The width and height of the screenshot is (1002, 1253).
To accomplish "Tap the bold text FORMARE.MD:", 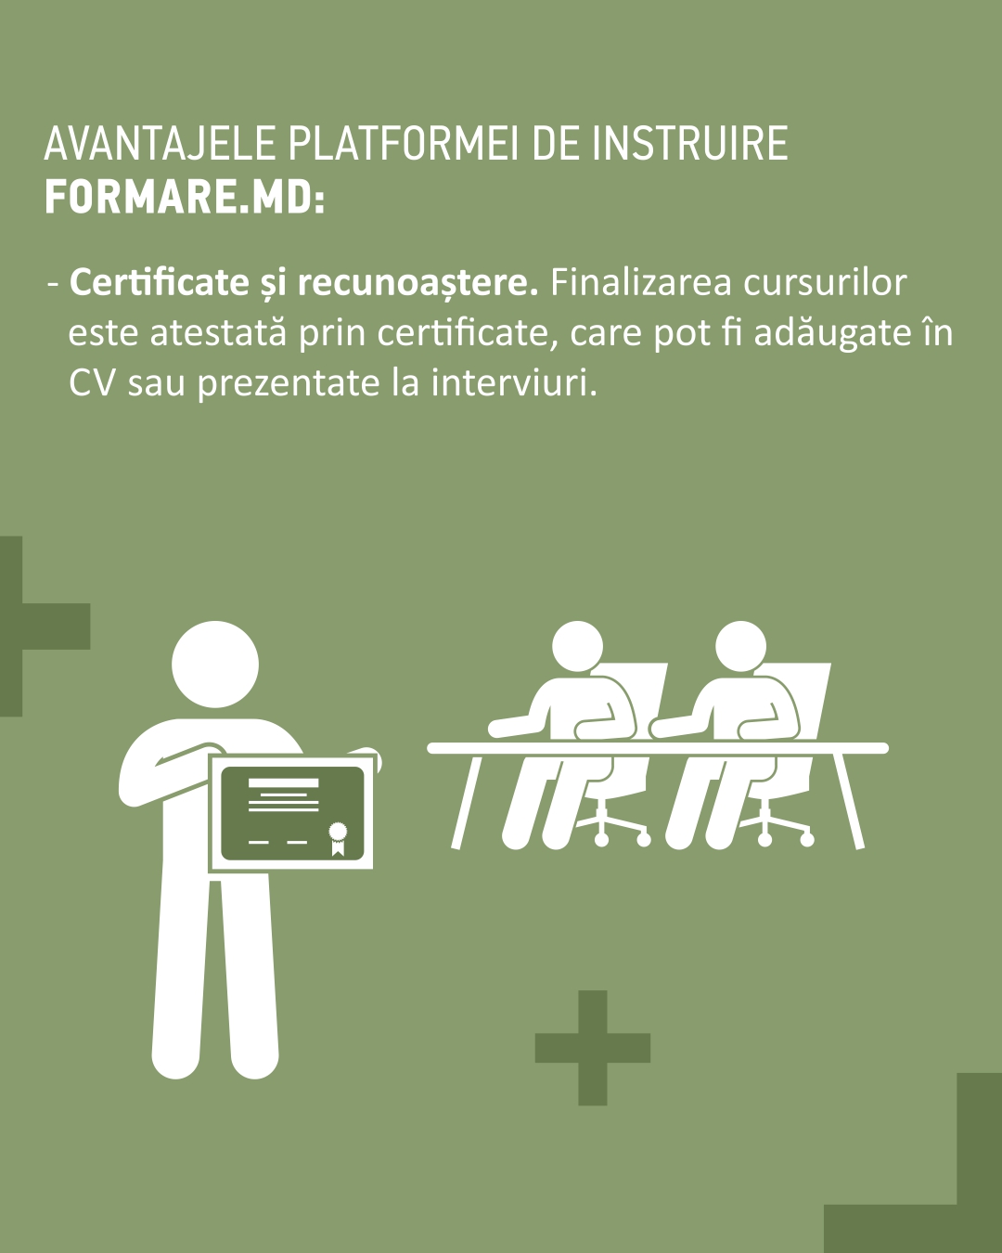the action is click(185, 198).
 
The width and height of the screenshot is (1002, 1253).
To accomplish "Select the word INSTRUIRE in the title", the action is click(690, 143).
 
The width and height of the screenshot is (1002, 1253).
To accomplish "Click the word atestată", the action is click(218, 332).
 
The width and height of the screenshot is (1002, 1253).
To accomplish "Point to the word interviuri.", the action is click(514, 382).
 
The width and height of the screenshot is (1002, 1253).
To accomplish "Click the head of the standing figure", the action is click(215, 665).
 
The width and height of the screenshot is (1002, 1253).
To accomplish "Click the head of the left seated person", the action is click(577, 646).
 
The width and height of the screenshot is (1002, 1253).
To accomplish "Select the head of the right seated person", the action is click(740, 646).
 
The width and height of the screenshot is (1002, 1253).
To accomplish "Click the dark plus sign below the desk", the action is click(593, 1048).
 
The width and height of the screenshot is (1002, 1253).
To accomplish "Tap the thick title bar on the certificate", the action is click(284, 782).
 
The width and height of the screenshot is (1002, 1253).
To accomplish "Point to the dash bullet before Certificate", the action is click(53, 285).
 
